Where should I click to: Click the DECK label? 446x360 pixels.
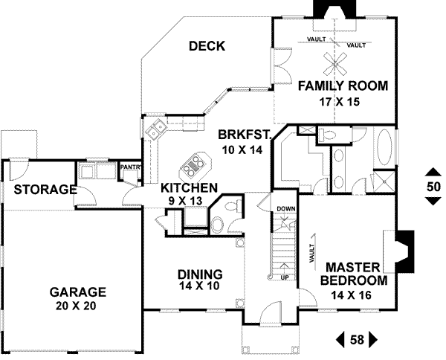pos(207,46)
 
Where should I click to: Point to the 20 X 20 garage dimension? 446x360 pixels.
pos(77,305)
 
